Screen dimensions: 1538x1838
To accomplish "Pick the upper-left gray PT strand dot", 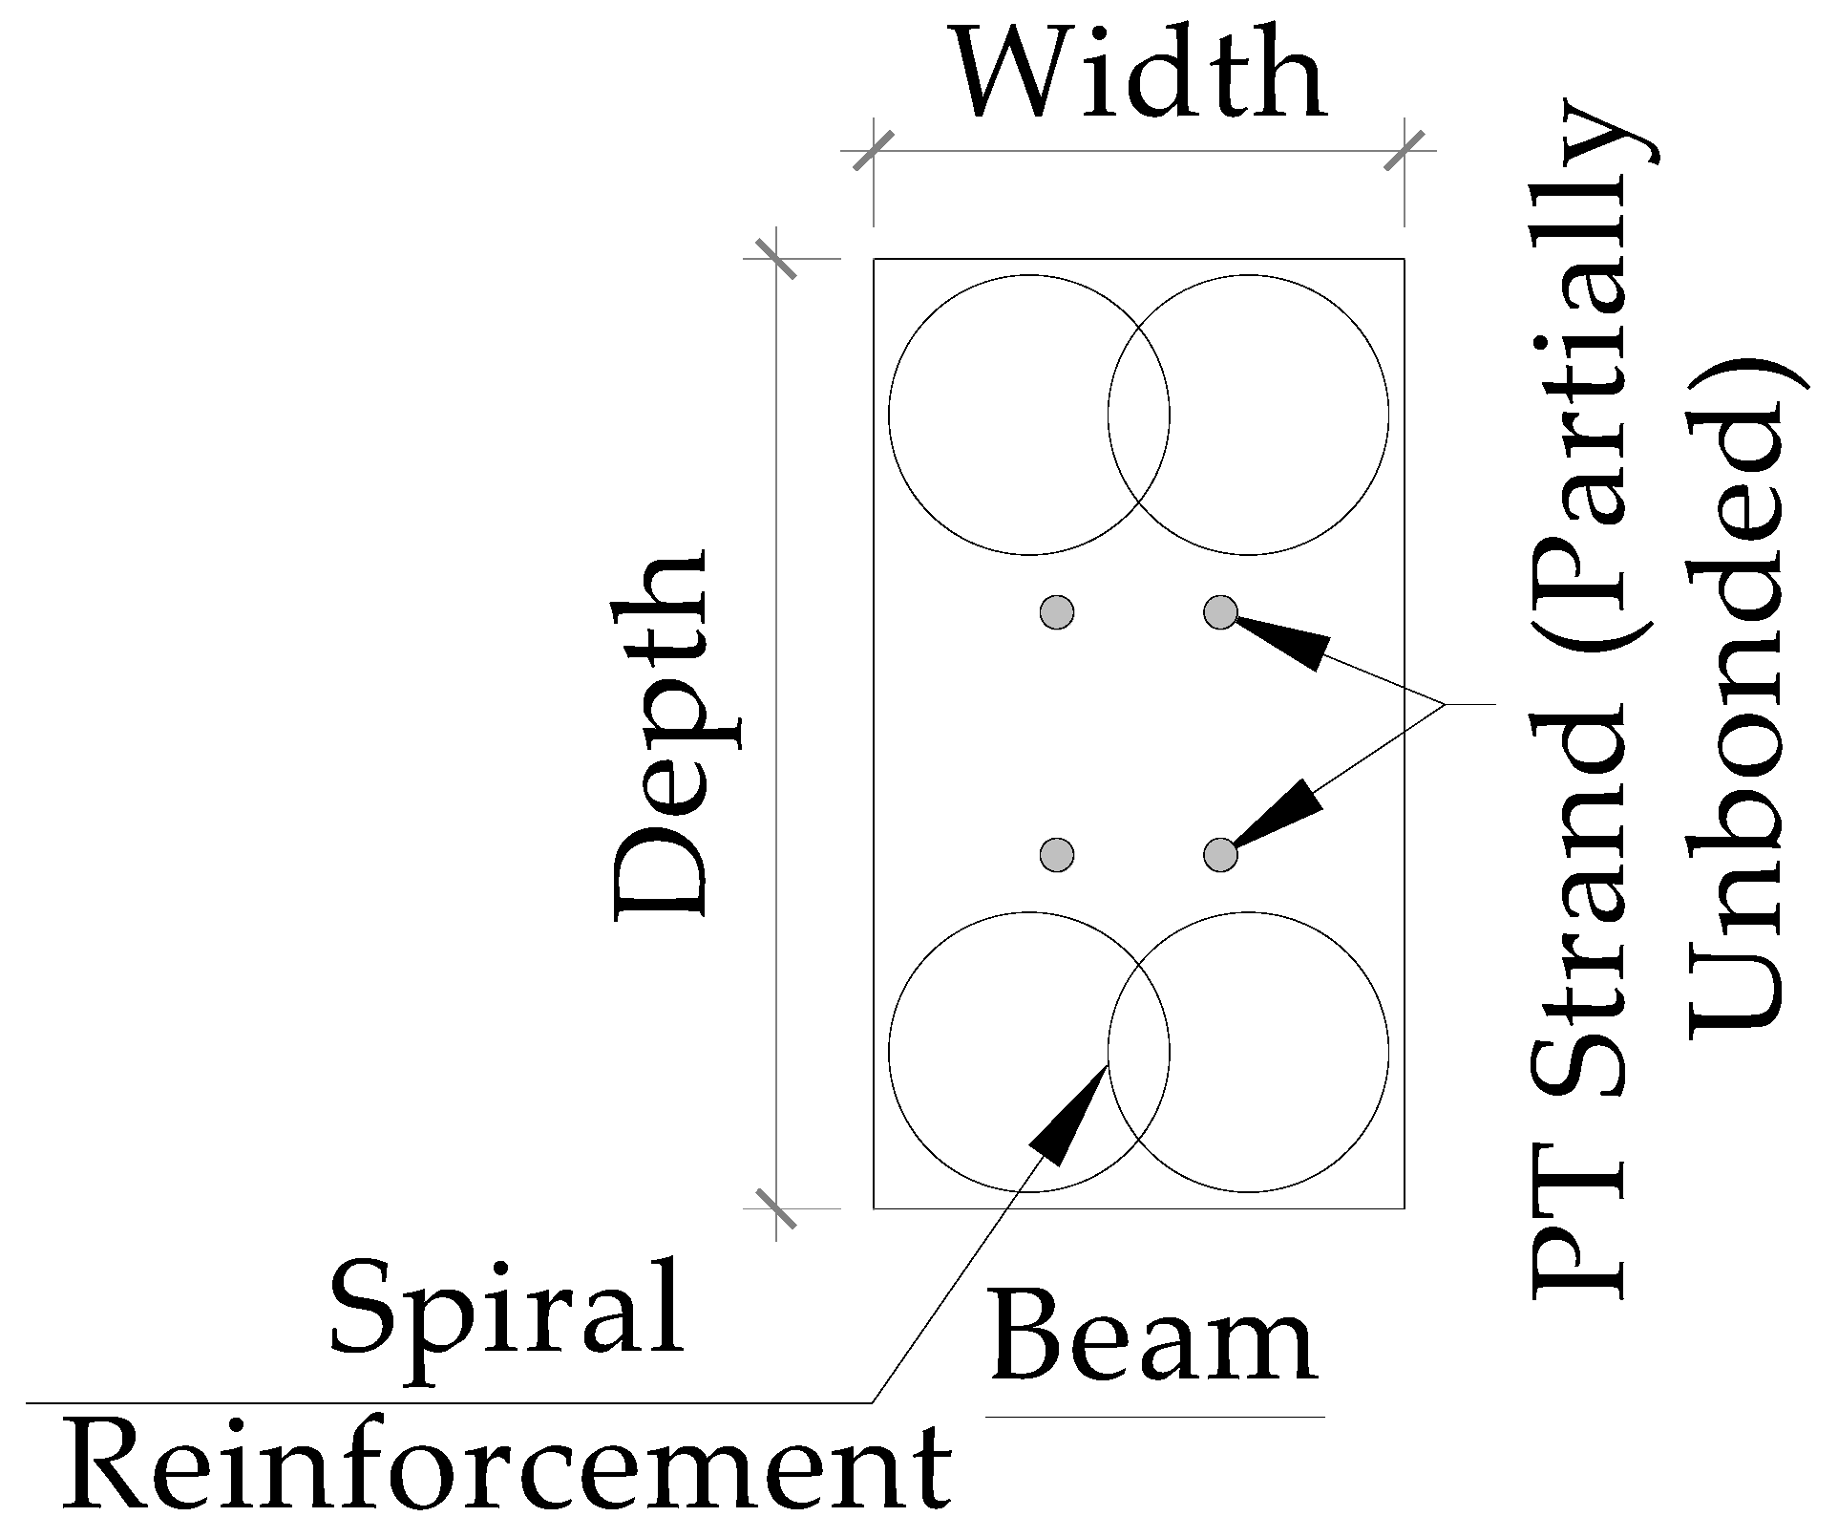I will coord(1057,611).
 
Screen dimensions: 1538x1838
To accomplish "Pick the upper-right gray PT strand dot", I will coord(1220,611).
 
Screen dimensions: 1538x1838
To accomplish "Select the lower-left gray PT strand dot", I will coord(1057,854).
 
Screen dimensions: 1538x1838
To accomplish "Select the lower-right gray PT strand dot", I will coord(1220,854).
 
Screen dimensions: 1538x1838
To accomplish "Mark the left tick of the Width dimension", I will coord(873,151).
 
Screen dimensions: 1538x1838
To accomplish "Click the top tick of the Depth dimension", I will coord(776,258).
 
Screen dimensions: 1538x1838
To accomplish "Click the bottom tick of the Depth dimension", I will coord(776,1208).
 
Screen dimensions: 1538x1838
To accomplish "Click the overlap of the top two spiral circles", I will coord(1139,416).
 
